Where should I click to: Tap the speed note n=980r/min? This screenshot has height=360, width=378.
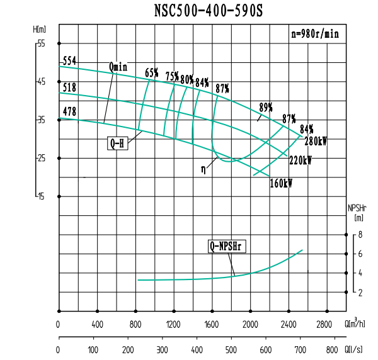click(x=314, y=35)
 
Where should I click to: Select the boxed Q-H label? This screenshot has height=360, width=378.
click(x=118, y=143)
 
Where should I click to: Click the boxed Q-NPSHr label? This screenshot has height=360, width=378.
click(x=227, y=245)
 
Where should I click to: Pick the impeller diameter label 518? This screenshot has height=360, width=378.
click(x=69, y=87)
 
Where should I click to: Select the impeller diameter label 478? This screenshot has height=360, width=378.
click(x=69, y=112)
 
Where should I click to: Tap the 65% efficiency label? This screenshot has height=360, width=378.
click(x=152, y=73)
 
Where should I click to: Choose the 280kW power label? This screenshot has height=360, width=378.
click(x=316, y=141)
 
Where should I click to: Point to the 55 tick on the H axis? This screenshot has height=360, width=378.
click(x=42, y=43)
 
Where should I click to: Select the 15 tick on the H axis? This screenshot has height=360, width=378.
click(x=42, y=196)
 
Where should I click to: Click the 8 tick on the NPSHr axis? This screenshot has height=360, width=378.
click(x=360, y=235)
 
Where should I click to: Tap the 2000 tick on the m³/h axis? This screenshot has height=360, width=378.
click(x=251, y=325)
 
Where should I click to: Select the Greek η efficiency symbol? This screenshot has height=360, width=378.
click(x=203, y=168)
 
